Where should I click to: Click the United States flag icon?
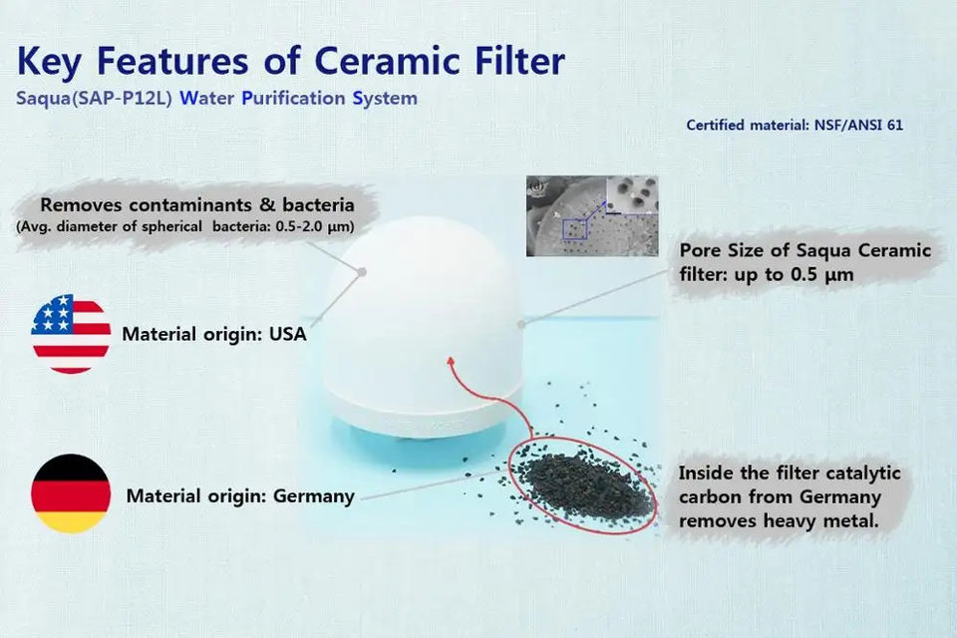click(x=71, y=334)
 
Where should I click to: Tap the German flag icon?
click(x=71, y=493)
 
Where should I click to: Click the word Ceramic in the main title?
click(x=387, y=61)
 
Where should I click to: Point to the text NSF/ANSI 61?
click(x=858, y=126)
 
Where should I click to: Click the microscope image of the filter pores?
click(x=592, y=216)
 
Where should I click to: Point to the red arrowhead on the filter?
click(x=451, y=363)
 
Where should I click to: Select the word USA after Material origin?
click(x=287, y=334)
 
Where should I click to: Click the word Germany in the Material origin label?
click(x=314, y=496)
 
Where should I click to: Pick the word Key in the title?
click(x=48, y=62)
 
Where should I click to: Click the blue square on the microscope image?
click(x=574, y=229)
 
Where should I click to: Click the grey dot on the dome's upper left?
click(x=362, y=272)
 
